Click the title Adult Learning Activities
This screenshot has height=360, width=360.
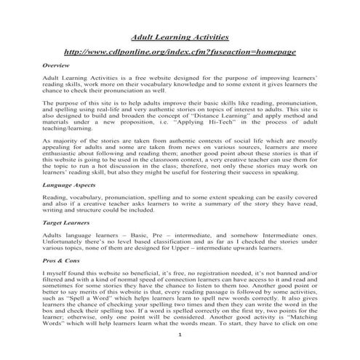tap(179, 36)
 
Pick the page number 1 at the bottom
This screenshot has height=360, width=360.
tap(180, 352)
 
